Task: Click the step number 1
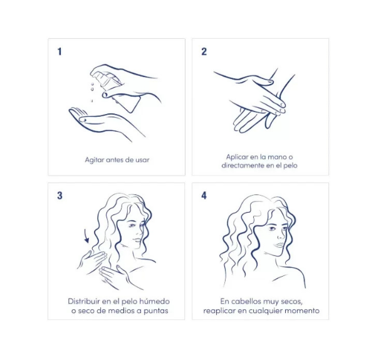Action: (60, 51)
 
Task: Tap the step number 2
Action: (204, 51)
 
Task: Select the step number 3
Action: (60, 196)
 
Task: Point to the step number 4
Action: (204, 196)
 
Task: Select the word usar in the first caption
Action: (142, 160)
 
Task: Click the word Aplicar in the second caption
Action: (237, 157)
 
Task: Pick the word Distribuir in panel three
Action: (84, 301)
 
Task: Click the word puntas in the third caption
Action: (156, 311)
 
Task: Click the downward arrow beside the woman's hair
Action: (86, 236)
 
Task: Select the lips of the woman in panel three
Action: (137, 240)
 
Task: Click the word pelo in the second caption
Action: (290, 166)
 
